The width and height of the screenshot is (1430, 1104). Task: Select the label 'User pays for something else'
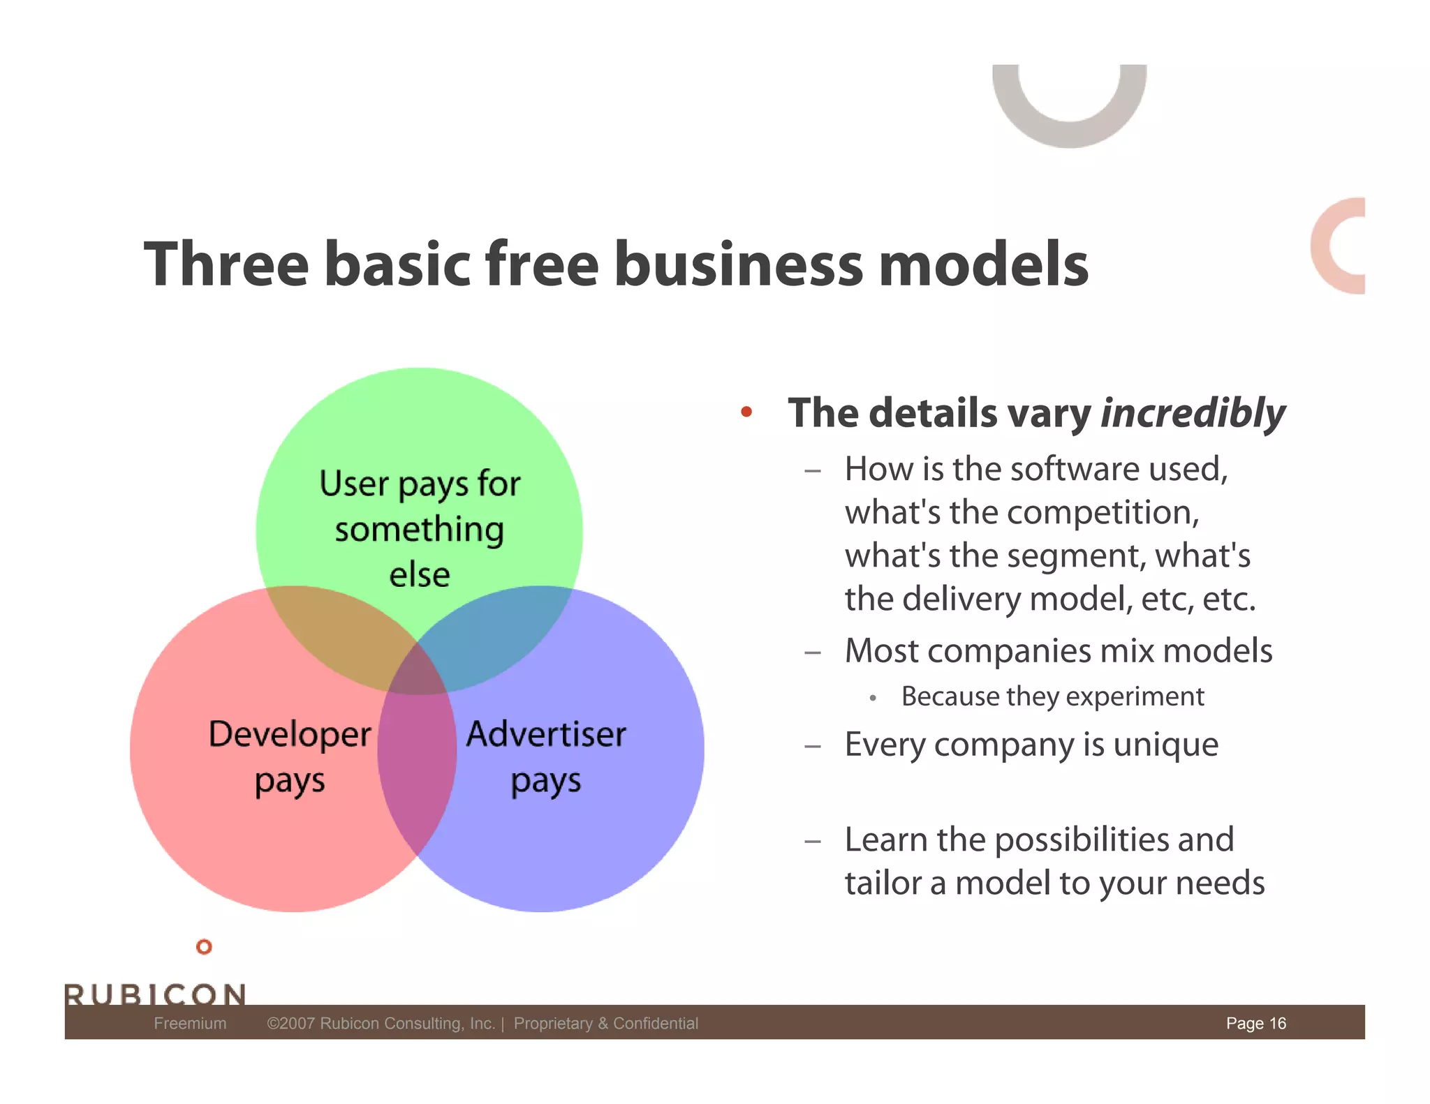[420, 528]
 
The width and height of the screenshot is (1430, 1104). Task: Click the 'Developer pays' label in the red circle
[290, 756]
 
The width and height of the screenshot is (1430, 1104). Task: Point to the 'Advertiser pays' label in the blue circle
[546, 756]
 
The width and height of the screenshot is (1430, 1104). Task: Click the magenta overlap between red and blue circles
[418, 761]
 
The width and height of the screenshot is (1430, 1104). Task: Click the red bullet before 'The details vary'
[746, 412]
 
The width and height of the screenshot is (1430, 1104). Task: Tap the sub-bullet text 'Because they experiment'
[1052, 696]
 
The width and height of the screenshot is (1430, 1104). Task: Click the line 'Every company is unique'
[1031, 745]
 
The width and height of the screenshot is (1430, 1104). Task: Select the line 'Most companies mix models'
[1059, 650]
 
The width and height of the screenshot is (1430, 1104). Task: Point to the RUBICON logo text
[155, 994]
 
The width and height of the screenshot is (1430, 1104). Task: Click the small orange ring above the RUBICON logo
[204, 947]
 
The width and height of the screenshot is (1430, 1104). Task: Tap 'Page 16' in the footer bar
[1255, 1023]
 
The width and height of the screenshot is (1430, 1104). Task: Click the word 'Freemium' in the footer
[190, 1023]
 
